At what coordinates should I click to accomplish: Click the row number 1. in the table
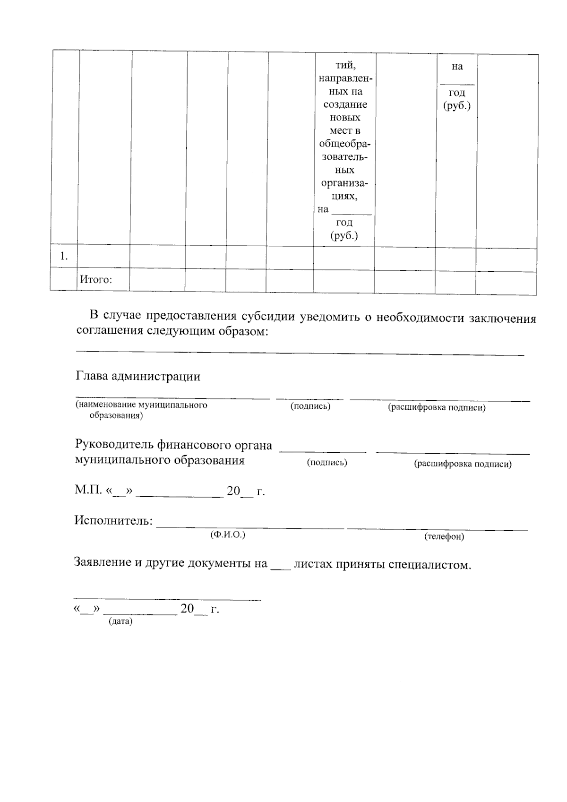click(64, 257)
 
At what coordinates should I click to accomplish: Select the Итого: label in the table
click(96, 279)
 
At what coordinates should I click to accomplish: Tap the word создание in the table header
click(345, 104)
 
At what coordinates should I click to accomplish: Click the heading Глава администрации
click(137, 376)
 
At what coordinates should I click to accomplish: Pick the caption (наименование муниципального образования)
click(141, 410)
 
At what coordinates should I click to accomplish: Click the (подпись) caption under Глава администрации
click(310, 406)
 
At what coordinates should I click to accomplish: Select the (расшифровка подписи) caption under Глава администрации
click(437, 407)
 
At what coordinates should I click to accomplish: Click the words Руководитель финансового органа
click(173, 445)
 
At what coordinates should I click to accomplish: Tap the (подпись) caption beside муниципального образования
click(327, 462)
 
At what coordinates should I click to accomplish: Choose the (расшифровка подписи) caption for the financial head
click(463, 464)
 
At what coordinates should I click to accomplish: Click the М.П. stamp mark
click(88, 490)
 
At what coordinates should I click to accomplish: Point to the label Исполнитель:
click(113, 521)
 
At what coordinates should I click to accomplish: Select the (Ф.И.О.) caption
click(227, 535)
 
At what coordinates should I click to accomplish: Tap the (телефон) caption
click(444, 536)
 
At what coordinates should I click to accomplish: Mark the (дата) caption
click(120, 621)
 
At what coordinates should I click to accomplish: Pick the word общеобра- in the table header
click(345, 144)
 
